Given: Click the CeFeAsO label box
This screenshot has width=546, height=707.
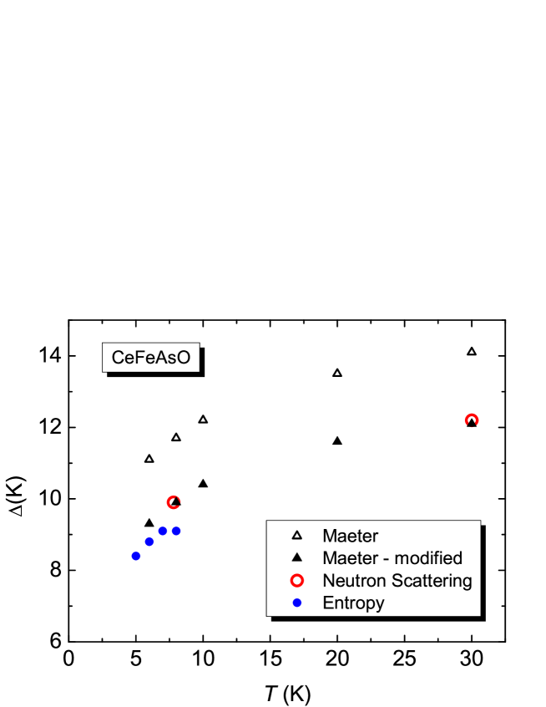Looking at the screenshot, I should (x=151, y=358).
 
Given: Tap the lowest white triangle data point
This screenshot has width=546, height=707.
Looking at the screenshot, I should (x=149, y=459).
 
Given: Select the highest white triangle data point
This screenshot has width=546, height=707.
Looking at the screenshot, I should (x=472, y=352).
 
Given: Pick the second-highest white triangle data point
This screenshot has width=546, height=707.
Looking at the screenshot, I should (x=337, y=373).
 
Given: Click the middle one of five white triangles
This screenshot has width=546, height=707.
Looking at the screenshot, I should (x=203, y=420).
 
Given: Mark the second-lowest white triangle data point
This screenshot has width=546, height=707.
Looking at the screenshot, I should (x=176, y=438).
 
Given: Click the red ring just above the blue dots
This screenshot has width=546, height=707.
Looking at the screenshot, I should (x=174, y=502).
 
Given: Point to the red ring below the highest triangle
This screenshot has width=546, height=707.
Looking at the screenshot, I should (x=472, y=420).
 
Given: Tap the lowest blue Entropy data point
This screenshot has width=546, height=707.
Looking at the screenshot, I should (x=136, y=556).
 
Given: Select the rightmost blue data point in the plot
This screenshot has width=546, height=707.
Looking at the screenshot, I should (x=176, y=531).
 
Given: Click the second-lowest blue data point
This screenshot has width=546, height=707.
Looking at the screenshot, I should (x=149, y=542).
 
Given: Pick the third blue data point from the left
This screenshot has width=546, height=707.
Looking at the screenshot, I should (x=163, y=531).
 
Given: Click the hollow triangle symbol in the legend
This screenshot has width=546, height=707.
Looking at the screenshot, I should (x=296, y=536).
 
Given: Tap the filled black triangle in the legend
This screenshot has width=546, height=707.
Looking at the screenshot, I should (x=296, y=558).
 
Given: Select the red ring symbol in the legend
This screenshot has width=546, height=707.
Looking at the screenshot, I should (x=296, y=580).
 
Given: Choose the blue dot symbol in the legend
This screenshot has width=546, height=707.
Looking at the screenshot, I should (x=296, y=603).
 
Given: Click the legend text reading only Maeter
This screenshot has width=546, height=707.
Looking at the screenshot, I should (x=350, y=536).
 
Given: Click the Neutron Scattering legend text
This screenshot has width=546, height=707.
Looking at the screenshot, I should (x=397, y=580).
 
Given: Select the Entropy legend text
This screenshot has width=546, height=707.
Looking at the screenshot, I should (x=353, y=603).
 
